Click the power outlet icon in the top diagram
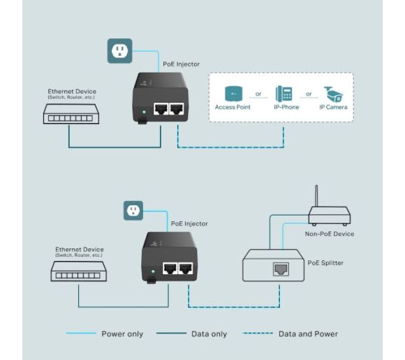pos(119,50)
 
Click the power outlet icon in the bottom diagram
pos(133,210)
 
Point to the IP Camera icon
pos(332,93)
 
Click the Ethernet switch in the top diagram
pos(69,116)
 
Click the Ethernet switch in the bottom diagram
pos(78,273)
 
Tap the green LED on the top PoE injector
pos(143,111)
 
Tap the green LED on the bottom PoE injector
pos(152,271)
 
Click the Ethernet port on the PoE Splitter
pos(280,269)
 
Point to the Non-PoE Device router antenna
pos(315,196)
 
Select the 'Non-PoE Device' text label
pos(330,234)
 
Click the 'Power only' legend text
pos(122,334)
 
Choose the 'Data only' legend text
pos(209,334)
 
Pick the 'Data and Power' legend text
pos(308,334)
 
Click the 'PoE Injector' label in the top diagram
pos(181,64)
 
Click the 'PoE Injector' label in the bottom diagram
pos(189,224)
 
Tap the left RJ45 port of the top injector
pos(161,110)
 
